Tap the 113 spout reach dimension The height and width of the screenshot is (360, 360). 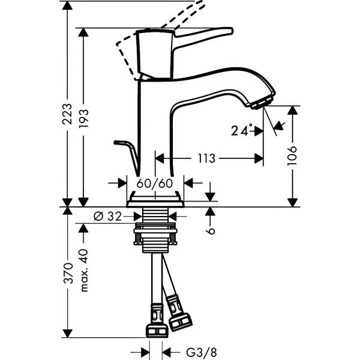[x=206, y=159]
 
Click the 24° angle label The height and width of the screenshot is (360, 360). [x=242, y=129]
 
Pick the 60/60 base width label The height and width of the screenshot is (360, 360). [x=155, y=182]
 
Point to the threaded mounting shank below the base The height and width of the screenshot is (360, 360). [x=155, y=231]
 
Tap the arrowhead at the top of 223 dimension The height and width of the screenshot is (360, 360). [x=67, y=5]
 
